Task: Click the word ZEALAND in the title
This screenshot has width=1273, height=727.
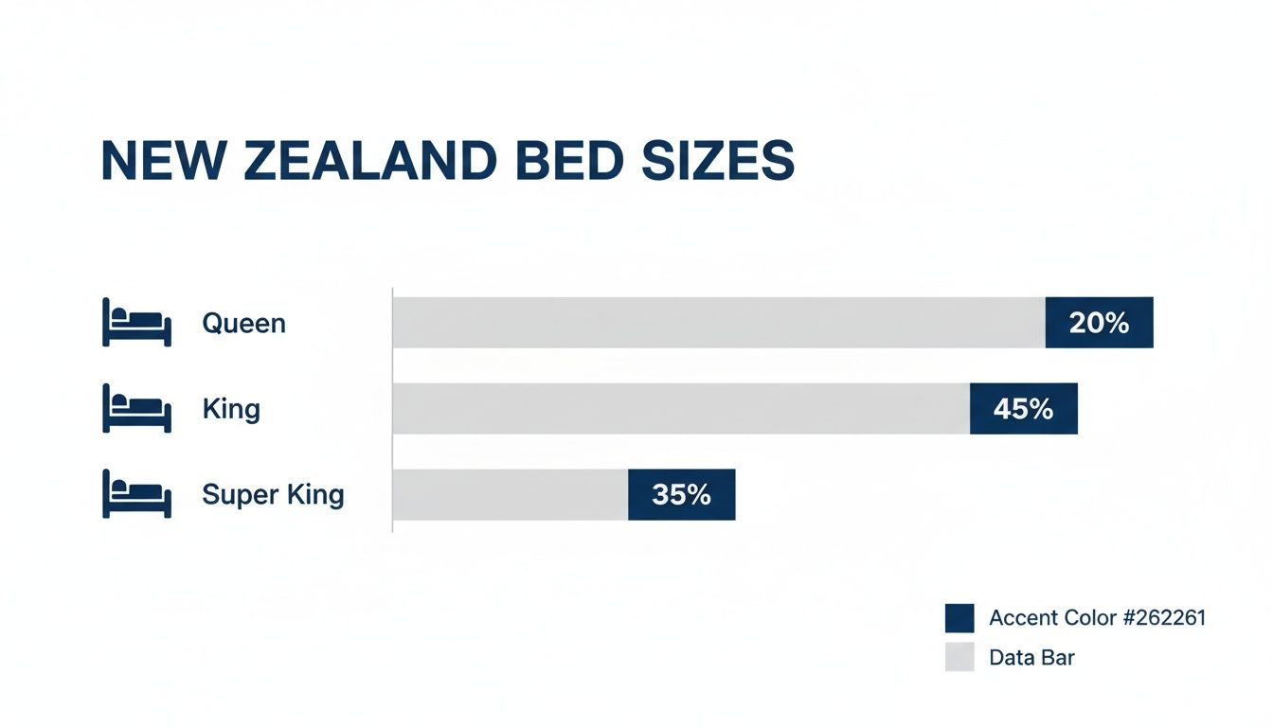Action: point(367,161)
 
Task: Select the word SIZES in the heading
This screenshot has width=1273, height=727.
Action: point(720,161)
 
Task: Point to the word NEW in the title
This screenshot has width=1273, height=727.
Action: point(165,161)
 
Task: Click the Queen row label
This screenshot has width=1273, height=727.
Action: point(243,324)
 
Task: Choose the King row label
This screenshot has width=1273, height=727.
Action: point(231,409)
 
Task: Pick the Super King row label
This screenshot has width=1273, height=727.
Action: point(273,494)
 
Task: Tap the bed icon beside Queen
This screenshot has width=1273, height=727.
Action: point(136,323)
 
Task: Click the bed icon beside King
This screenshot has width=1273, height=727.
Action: point(136,409)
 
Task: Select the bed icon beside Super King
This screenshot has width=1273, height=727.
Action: point(136,494)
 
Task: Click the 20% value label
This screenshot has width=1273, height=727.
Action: point(1099,323)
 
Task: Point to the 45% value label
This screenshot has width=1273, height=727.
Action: point(1023,409)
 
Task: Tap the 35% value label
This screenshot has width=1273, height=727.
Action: point(681,494)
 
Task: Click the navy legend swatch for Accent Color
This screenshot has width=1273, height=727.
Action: point(959,618)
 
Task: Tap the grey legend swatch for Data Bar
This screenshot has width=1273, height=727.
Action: point(959,657)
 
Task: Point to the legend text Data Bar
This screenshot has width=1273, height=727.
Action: point(1031,657)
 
